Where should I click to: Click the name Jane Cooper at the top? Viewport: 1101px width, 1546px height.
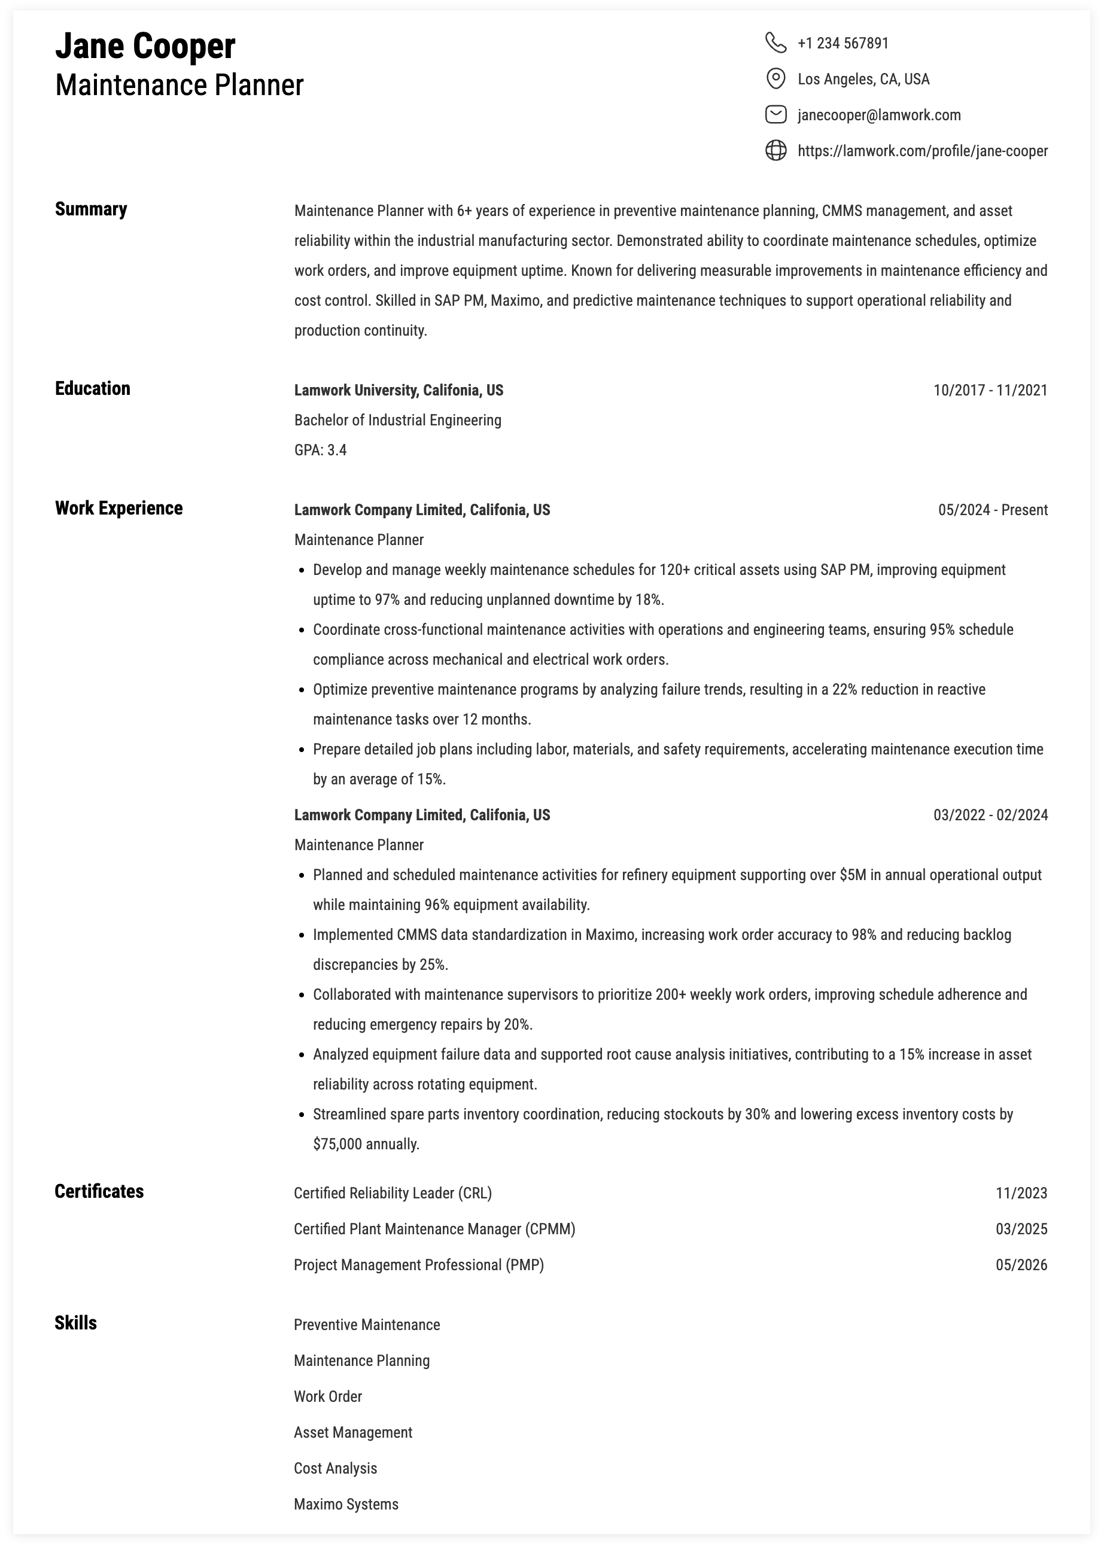(145, 47)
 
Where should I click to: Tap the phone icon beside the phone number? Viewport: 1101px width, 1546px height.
(775, 42)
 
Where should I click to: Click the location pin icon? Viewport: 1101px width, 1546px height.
(775, 78)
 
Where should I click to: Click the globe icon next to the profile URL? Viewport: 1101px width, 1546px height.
(775, 150)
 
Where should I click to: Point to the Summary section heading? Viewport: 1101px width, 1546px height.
(91, 209)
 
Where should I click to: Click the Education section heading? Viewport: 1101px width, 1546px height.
(92, 388)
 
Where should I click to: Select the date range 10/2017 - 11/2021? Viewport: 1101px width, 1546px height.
(990, 391)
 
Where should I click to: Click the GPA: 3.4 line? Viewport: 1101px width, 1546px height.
(320, 450)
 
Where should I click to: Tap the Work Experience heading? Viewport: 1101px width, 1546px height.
(118, 509)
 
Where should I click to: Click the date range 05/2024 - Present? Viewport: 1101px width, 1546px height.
(993, 510)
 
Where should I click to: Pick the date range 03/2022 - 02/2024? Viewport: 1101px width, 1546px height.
(990, 815)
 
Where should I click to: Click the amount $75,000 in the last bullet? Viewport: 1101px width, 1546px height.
(337, 1144)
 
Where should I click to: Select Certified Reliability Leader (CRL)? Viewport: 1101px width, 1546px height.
(393, 1193)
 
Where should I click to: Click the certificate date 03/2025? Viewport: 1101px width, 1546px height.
(1021, 1229)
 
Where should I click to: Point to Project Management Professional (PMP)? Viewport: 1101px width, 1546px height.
(418, 1265)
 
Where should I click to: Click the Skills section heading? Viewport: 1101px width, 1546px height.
(75, 1323)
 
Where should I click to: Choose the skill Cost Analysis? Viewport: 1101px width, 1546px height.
(335, 1468)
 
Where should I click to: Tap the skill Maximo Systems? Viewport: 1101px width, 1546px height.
(346, 1504)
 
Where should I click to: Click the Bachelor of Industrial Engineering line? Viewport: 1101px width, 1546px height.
(397, 420)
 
